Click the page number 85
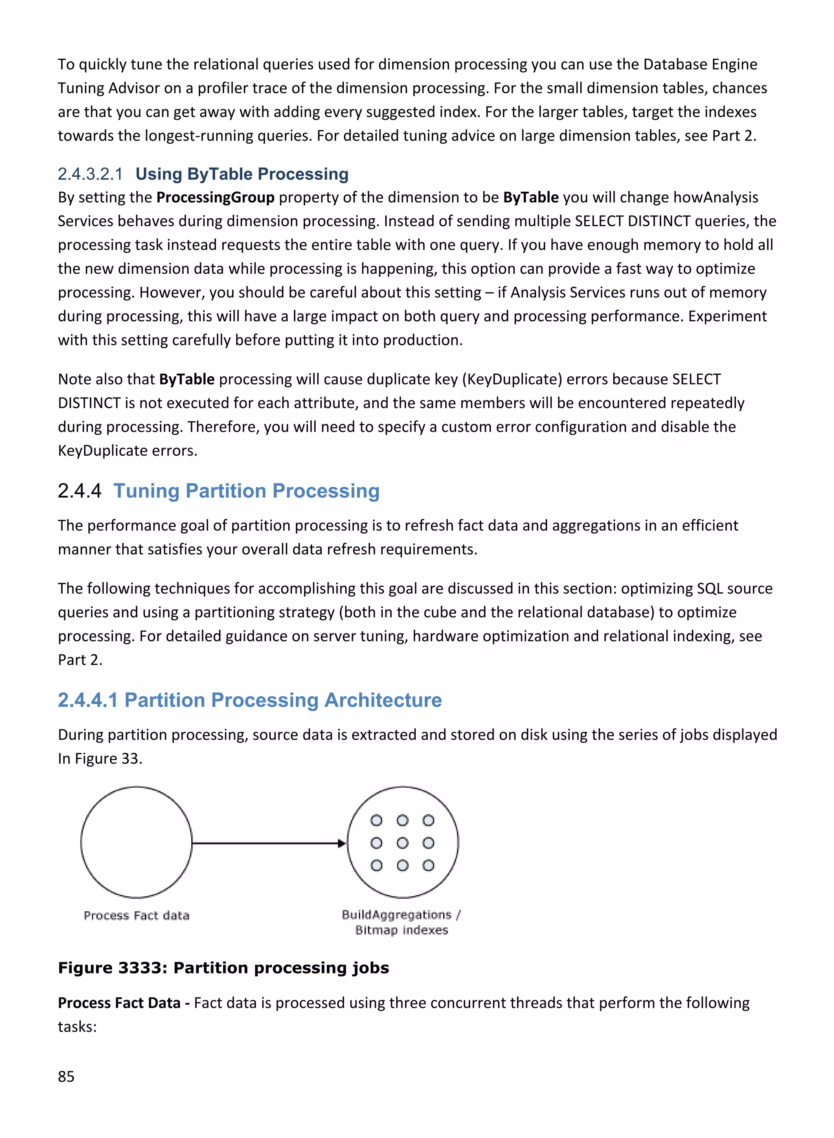[66, 1076]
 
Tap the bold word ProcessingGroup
[215, 198]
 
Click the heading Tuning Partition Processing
[246, 491]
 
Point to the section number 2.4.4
[79, 491]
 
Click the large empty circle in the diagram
[136, 842]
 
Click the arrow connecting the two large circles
[268, 843]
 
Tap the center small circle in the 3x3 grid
[402, 843]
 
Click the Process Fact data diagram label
[136, 915]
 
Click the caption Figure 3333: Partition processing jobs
[223, 967]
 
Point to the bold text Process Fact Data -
[124, 1003]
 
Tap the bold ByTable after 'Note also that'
[187, 379]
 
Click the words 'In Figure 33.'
[100, 758]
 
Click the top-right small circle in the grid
[428, 820]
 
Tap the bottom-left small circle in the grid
[376, 866]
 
